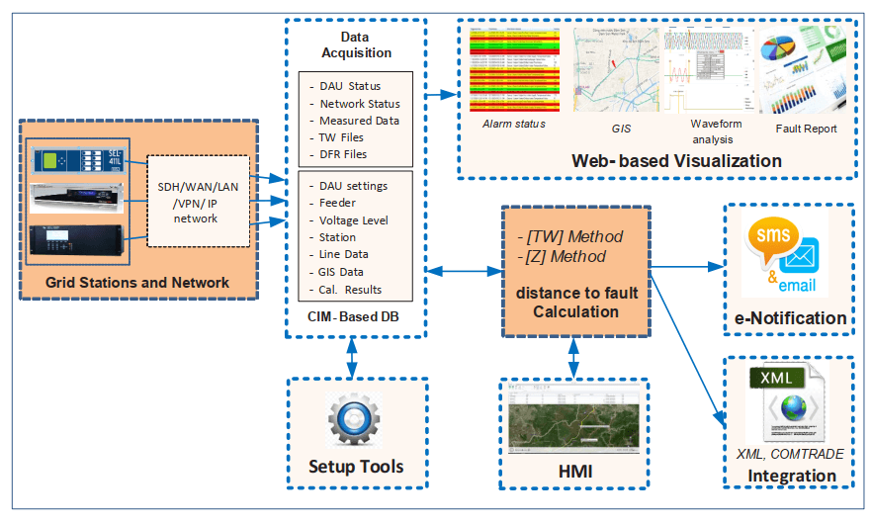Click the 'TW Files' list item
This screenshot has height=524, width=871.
coord(342,137)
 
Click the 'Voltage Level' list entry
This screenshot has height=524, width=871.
coord(354,219)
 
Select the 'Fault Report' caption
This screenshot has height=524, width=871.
coord(807,129)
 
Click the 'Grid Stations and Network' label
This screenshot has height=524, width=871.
coord(137,283)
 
